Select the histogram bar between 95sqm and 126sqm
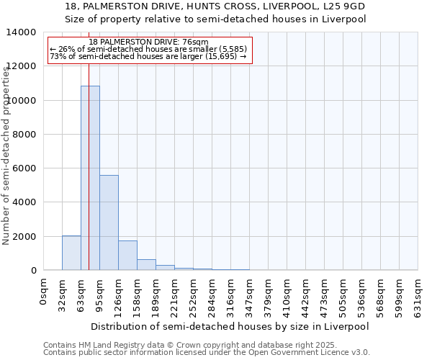pos(109,222)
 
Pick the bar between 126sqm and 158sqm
pos(127,256)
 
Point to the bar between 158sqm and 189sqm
pos(146,265)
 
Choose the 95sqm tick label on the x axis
pos(99,292)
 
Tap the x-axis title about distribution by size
pos(230,326)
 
